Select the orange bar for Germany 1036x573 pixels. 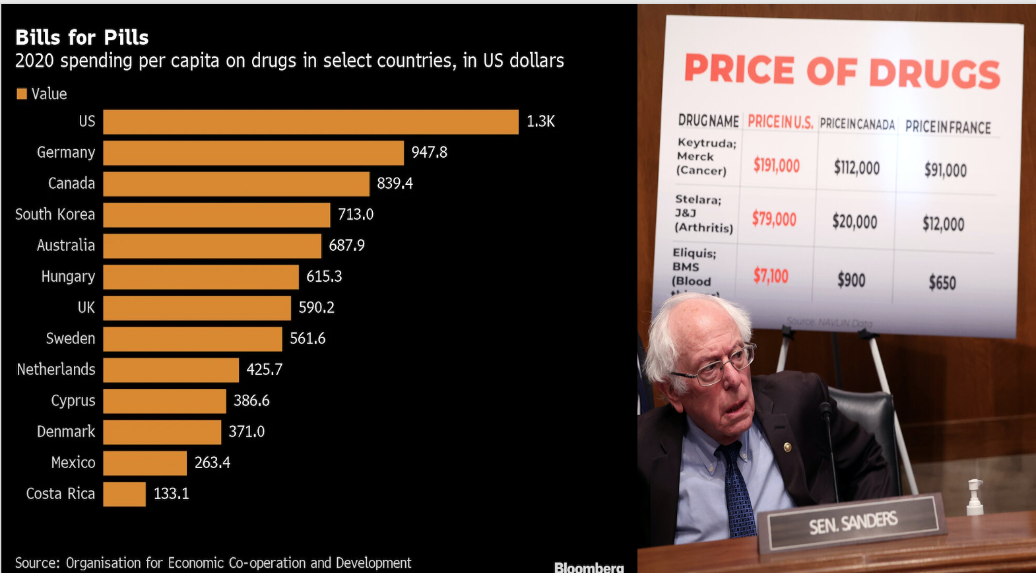tap(253, 152)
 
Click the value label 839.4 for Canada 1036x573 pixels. tap(395, 184)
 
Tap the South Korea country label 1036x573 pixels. tap(55, 215)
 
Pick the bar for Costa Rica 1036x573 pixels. tap(124, 494)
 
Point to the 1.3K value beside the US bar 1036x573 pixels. tap(540, 121)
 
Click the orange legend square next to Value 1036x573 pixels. tap(22, 94)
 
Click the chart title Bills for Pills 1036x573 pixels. tap(82, 38)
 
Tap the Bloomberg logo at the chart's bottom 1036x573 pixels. tap(589, 567)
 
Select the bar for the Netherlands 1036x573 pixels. tap(171, 370)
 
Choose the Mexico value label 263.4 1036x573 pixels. tap(212, 463)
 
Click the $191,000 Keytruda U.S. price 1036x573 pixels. tap(776, 165)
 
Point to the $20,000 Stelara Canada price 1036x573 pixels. tap(855, 222)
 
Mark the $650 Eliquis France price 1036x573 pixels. tap(942, 283)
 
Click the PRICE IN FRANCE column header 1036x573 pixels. tap(948, 127)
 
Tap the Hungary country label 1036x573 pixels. tap(68, 277)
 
